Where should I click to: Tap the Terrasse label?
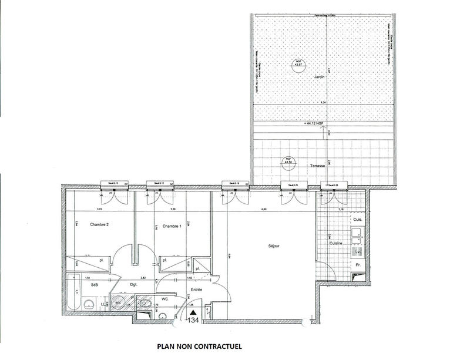[x=317, y=166]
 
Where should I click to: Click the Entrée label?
[x=197, y=290]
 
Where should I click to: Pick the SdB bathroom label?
[x=94, y=285]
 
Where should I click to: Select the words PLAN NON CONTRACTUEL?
[x=199, y=346]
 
